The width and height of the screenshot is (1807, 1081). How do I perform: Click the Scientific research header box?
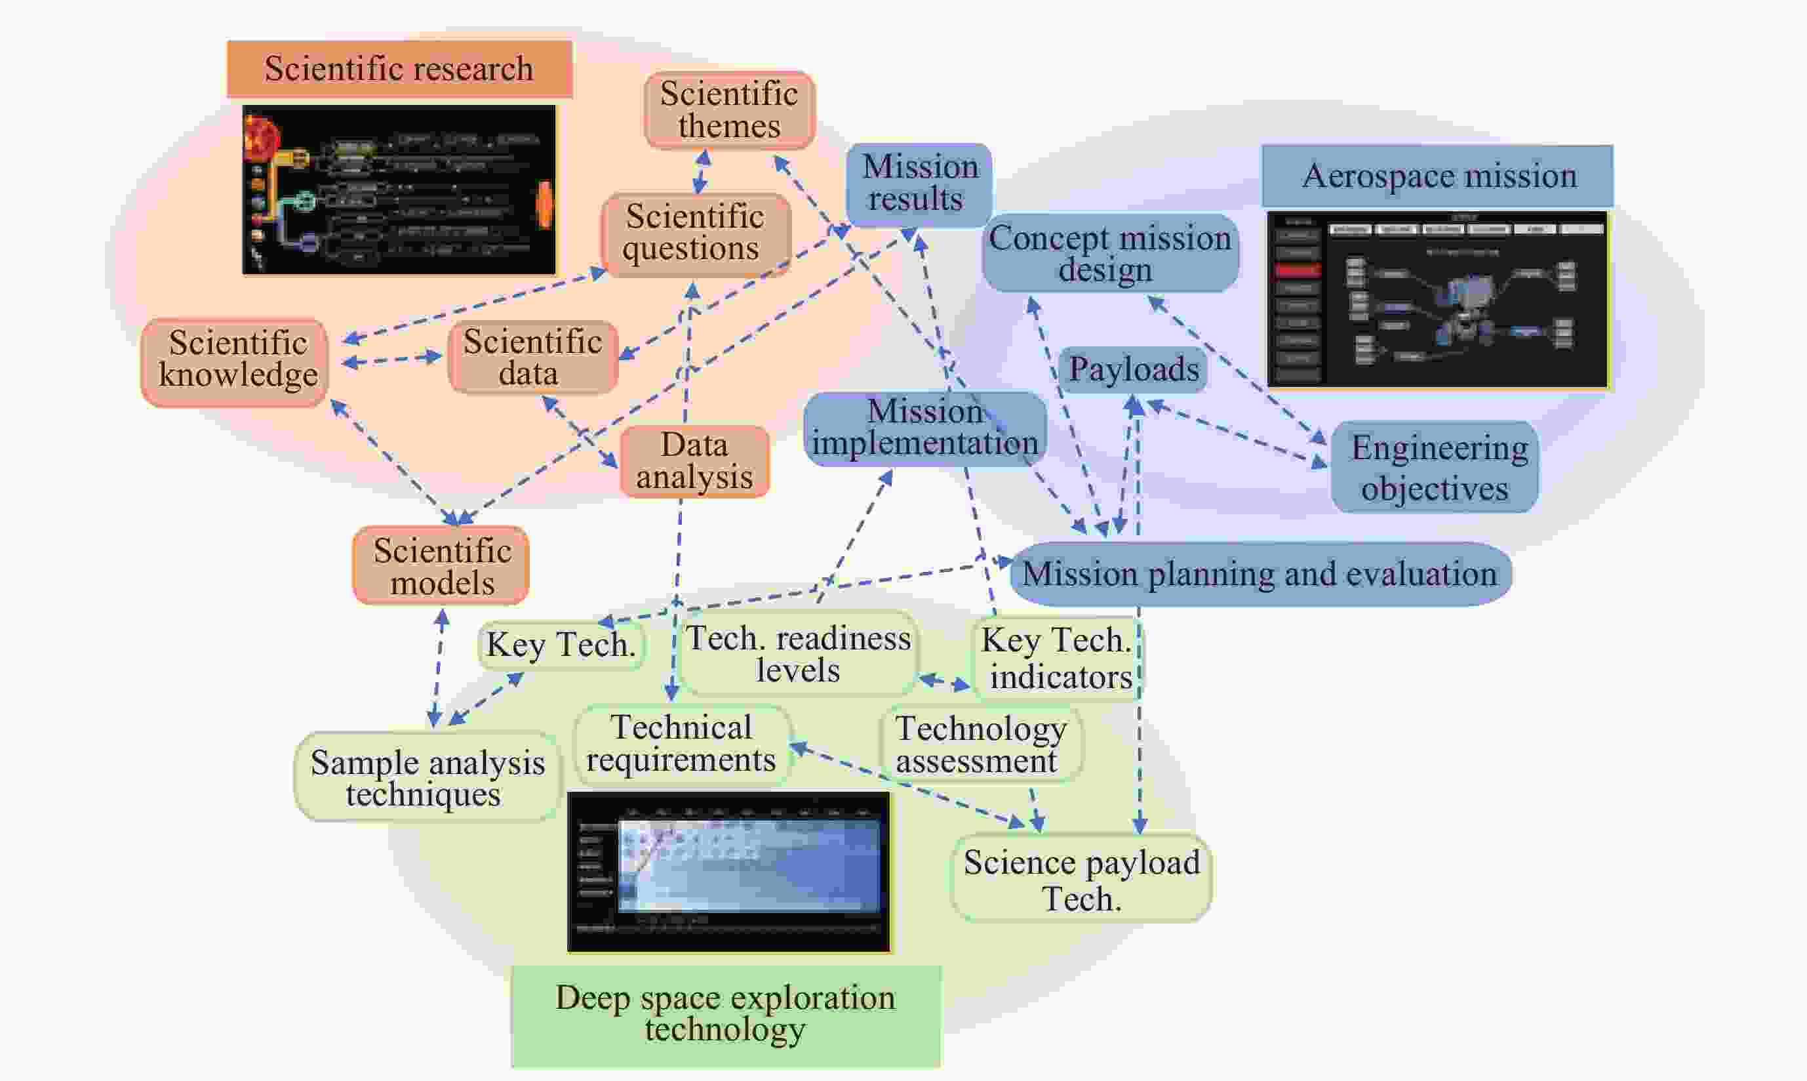point(399,69)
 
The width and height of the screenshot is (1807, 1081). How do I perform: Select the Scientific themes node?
point(729,110)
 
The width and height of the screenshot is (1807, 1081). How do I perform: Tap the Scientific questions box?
point(695,233)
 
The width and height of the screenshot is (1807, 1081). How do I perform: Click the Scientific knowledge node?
point(235,361)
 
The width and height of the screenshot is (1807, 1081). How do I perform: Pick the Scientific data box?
point(532,357)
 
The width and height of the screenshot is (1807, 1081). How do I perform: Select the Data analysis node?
point(694,462)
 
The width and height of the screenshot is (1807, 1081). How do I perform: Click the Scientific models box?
point(441,567)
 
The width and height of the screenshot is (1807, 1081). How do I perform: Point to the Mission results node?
point(918,184)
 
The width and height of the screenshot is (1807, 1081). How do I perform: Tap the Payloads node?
point(1133,369)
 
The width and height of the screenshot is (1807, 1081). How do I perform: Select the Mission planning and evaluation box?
point(1260,574)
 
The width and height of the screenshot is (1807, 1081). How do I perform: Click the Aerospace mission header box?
point(1437,176)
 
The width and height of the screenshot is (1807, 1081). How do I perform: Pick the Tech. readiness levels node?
point(798,653)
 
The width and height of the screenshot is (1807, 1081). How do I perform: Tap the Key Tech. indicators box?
point(1057,658)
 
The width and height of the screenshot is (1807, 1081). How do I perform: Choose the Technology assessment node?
point(980,744)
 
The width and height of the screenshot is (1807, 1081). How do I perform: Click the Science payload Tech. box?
point(1081,879)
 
